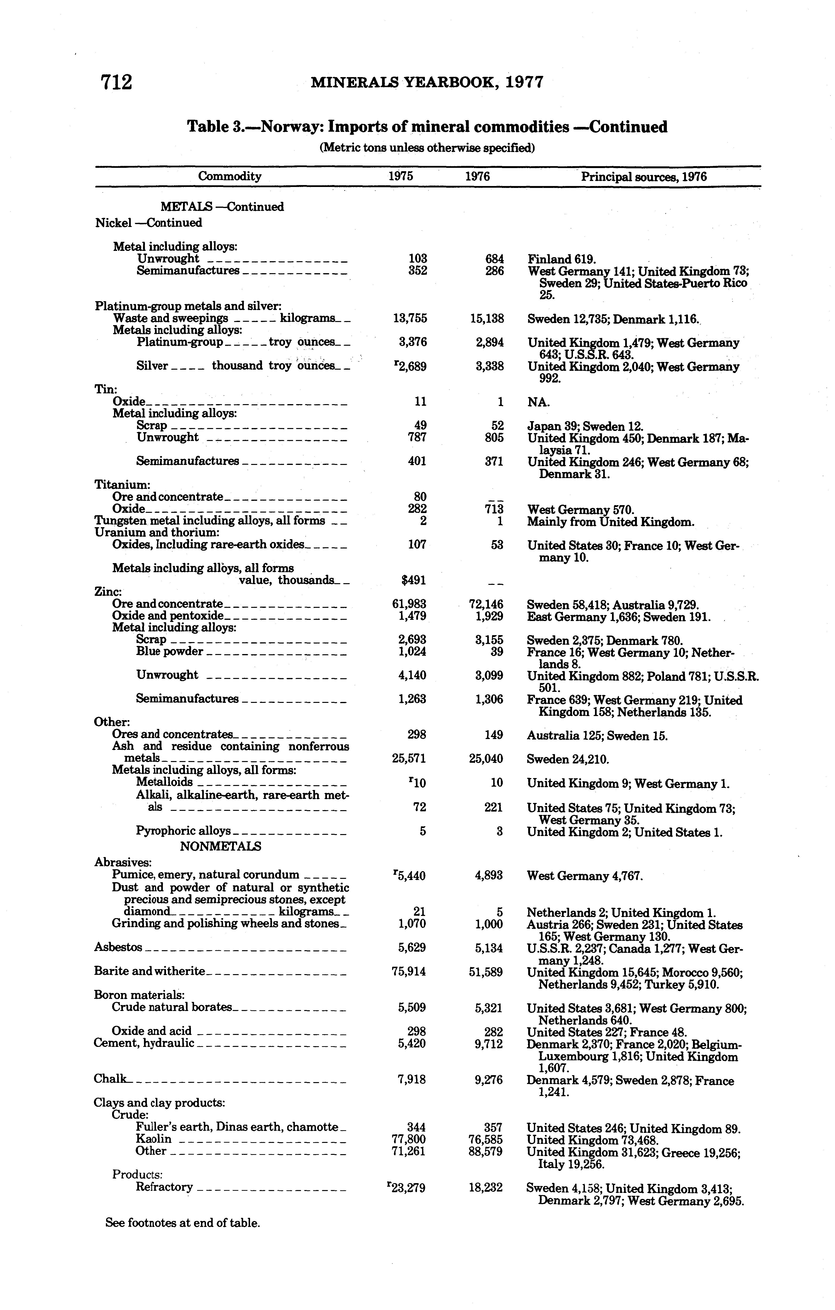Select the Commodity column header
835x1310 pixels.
(x=230, y=176)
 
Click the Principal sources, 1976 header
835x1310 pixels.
(x=644, y=177)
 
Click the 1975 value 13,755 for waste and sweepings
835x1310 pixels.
(x=410, y=318)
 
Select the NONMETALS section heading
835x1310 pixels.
(x=220, y=847)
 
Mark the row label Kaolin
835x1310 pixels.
(x=154, y=1139)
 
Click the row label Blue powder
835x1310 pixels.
(x=169, y=651)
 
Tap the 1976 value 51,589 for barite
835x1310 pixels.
(x=486, y=972)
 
